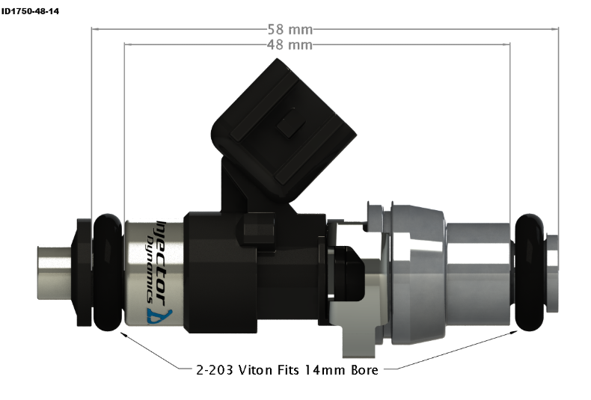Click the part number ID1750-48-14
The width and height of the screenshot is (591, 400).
coord(30,11)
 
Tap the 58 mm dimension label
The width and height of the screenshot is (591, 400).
coord(290,29)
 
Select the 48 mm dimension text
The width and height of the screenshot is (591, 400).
coord(290,45)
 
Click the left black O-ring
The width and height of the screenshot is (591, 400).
coord(108,272)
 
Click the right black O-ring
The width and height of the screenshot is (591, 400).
coord(530,272)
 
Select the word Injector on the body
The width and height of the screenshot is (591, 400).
coord(162,261)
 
